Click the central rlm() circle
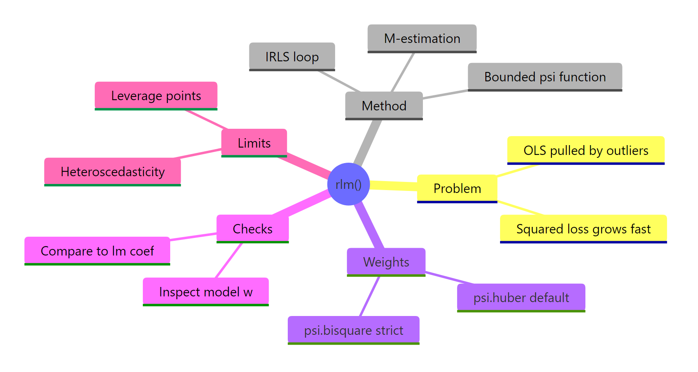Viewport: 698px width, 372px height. pos(348,184)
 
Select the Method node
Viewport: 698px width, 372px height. pos(384,105)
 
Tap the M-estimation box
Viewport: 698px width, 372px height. pos(422,38)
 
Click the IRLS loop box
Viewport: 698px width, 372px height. pos(292,56)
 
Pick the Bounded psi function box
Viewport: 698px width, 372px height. pos(545,76)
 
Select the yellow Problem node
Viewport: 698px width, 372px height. pos(457,188)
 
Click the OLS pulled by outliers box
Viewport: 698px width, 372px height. pos(585,150)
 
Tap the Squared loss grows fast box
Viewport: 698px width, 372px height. pos(583,229)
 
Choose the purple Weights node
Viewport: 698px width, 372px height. pos(386,262)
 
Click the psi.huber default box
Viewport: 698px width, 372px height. pos(521,297)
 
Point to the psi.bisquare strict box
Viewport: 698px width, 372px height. pos(353,330)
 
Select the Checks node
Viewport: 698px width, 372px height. pos(252,229)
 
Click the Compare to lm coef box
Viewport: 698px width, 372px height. pos(97,251)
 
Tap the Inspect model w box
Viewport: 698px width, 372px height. pos(205,291)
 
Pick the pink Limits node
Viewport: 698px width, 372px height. pos(254,143)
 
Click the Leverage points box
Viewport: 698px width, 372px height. pos(156,96)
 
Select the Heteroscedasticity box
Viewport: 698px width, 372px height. pos(112,171)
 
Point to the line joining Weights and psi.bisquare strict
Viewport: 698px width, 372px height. pos(370,296)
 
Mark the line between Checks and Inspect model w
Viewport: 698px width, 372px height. pos(229,260)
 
